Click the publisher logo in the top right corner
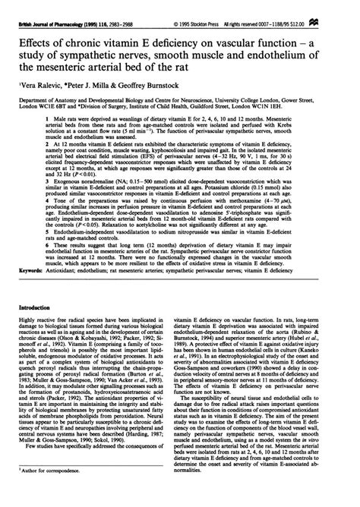click(350, 5)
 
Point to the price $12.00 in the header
click(325, 6)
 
